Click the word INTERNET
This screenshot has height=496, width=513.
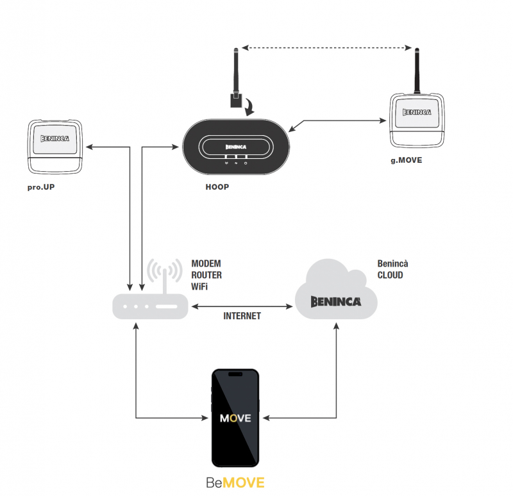point(242,316)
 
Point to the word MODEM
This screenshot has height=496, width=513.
point(206,264)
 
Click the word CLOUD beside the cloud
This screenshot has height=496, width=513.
point(390,276)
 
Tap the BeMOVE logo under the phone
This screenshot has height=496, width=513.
point(235,483)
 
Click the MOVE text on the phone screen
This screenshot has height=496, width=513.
point(235,418)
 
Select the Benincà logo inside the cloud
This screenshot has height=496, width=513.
point(336,301)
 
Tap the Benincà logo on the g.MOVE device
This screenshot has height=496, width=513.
point(417,112)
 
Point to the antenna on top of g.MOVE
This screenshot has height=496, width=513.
point(417,69)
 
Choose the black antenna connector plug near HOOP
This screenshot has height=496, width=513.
point(235,101)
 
